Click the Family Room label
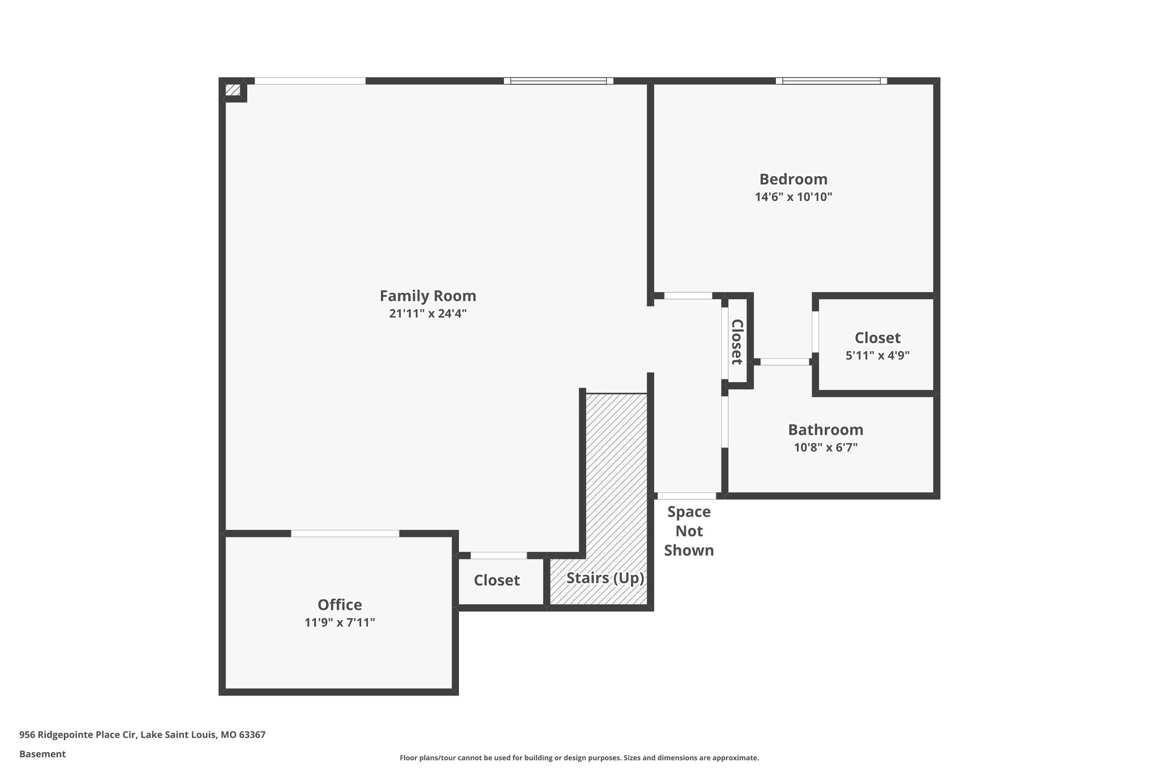[x=427, y=296]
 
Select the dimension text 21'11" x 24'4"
[x=427, y=314]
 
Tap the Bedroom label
[x=793, y=179]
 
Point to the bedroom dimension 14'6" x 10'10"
[x=793, y=197]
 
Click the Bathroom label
[x=825, y=429]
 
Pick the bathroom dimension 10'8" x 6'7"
[x=825, y=447]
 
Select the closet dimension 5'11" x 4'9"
[x=877, y=356]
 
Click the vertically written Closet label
[x=737, y=341]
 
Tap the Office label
[x=340, y=604]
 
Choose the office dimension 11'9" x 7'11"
[x=340, y=622]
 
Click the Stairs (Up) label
[x=605, y=578]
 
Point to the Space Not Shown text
[x=689, y=531]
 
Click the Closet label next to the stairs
[x=496, y=580]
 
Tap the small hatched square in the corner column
[x=233, y=89]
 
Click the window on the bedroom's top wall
[x=831, y=81]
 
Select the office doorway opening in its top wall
[x=345, y=533]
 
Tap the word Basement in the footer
[x=42, y=754]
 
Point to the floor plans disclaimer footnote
[x=579, y=758]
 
